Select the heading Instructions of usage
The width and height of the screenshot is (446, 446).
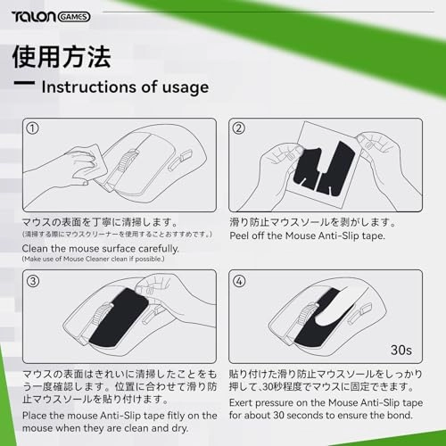125,87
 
